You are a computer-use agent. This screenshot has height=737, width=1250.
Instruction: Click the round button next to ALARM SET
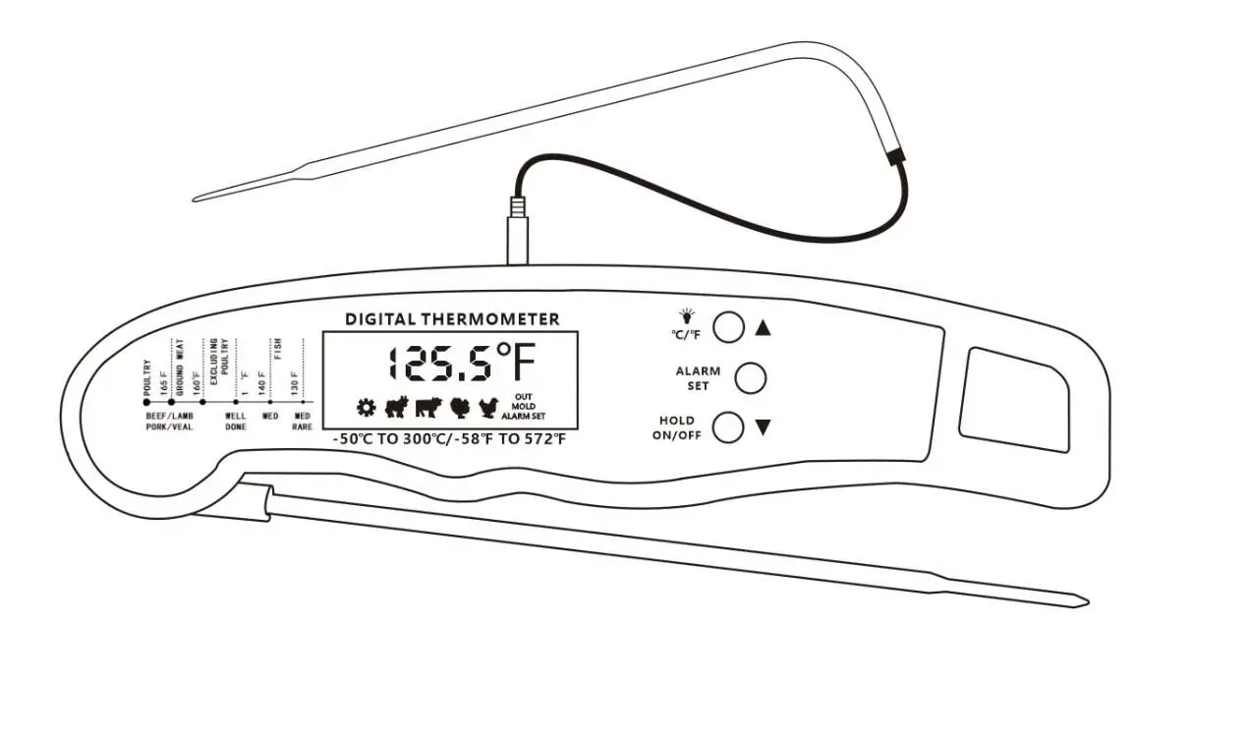tap(750, 377)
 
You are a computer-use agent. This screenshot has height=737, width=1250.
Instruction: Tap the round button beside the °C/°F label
tap(728, 327)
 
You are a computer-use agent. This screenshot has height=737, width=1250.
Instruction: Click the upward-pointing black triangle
tap(764, 328)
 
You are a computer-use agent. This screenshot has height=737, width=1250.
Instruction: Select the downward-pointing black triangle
tap(763, 427)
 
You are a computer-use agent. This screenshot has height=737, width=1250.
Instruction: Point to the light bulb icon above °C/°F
tap(687, 316)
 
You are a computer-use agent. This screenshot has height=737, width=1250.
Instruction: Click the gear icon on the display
tap(366, 407)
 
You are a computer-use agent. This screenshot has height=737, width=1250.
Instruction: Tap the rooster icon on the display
tap(488, 407)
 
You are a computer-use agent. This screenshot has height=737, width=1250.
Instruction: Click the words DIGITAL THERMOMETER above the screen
tap(452, 319)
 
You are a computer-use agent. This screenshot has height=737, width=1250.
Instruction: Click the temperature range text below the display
tap(450, 439)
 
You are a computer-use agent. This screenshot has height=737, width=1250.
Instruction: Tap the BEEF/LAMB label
tap(170, 416)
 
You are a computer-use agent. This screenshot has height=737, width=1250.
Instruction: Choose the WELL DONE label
tap(236, 422)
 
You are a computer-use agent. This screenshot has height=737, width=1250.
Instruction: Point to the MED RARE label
tap(302, 422)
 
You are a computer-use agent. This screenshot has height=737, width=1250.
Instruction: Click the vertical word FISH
tap(278, 350)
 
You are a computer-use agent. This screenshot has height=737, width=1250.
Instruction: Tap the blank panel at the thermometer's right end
tap(1013, 399)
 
